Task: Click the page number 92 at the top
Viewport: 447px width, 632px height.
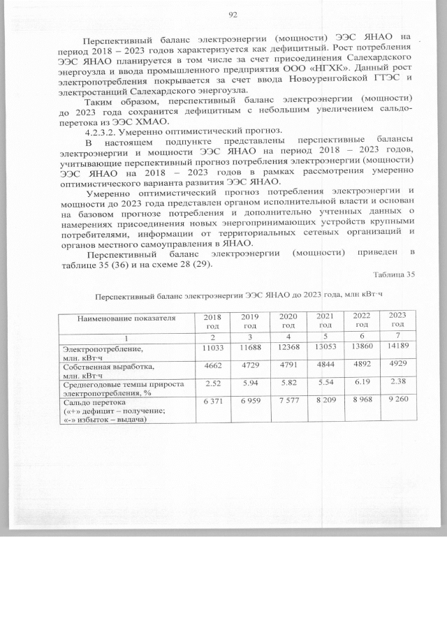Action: click(233, 15)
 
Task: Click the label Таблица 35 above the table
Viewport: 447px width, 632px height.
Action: click(394, 274)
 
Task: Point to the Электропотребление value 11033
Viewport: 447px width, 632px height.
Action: click(212, 347)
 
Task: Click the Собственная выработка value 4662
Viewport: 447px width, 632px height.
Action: click(212, 365)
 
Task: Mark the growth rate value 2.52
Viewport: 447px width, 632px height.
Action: click(212, 383)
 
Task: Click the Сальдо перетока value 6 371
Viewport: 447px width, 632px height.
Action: click(212, 402)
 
